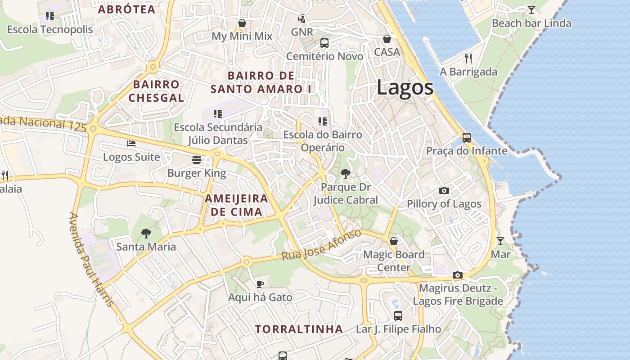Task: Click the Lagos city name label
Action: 405,87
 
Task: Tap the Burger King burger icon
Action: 196,160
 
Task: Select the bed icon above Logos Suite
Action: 131,144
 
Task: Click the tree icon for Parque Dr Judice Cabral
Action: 345,173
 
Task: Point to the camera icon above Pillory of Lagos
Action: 444,190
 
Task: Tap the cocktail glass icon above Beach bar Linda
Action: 531,9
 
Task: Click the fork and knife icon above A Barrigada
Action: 468,58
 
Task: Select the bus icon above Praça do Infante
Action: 467,137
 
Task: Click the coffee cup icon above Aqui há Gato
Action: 260,284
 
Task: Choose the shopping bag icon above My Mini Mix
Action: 242,23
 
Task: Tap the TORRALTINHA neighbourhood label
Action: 299,329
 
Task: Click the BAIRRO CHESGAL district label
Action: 156,91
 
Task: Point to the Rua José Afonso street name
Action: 321,245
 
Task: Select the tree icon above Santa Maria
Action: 146,233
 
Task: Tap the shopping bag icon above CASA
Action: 387,39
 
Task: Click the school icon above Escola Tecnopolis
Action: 50,16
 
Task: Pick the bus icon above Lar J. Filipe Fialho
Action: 398,315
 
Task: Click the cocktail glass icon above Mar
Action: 500,241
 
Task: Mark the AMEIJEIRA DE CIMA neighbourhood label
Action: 236,205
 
